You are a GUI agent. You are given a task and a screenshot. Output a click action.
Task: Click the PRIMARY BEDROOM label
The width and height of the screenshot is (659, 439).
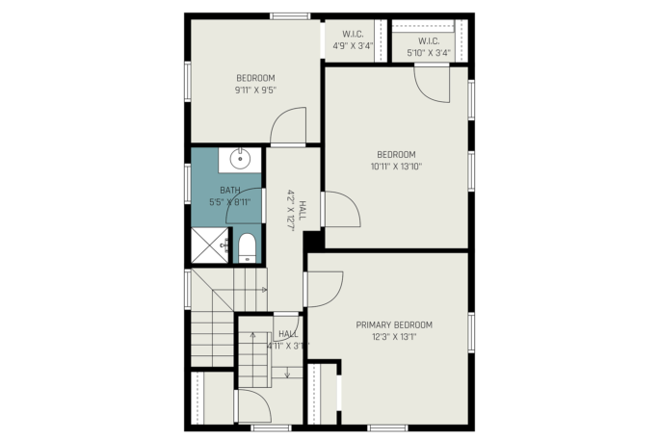point(394,324)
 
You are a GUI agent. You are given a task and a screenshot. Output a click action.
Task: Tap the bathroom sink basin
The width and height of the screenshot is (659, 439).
point(240,159)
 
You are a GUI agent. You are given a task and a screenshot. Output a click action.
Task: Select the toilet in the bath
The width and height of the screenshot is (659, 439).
point(247,248)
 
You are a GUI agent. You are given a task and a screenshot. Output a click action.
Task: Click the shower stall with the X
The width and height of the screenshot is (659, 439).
point(210,245)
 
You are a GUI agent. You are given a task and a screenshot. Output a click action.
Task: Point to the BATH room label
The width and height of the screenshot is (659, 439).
point(230,191)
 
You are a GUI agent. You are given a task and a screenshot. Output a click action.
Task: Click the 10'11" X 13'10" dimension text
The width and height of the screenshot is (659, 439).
point(396,167)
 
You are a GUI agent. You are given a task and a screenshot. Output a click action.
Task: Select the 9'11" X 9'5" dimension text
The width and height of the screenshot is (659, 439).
point(255,90)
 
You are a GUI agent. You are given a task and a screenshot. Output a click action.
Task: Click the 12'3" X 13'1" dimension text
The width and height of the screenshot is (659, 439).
point(394,337)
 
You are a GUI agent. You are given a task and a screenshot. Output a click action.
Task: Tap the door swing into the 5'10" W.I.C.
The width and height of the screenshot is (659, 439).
point(432,85)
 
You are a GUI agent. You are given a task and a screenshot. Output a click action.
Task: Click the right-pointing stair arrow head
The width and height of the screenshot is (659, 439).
point(264,290)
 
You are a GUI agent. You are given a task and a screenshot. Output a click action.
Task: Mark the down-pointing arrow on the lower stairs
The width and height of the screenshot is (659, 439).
point(287,373)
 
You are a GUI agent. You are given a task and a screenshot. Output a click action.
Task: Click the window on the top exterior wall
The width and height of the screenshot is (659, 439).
point(290,16)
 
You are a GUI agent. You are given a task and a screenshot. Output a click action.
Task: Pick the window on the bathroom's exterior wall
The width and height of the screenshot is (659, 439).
point(188,184)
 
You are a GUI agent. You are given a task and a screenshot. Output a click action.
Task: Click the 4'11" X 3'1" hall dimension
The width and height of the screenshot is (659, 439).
point(288,346)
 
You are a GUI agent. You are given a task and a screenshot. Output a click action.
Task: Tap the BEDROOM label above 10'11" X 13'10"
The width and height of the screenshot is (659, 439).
point(396,155)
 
